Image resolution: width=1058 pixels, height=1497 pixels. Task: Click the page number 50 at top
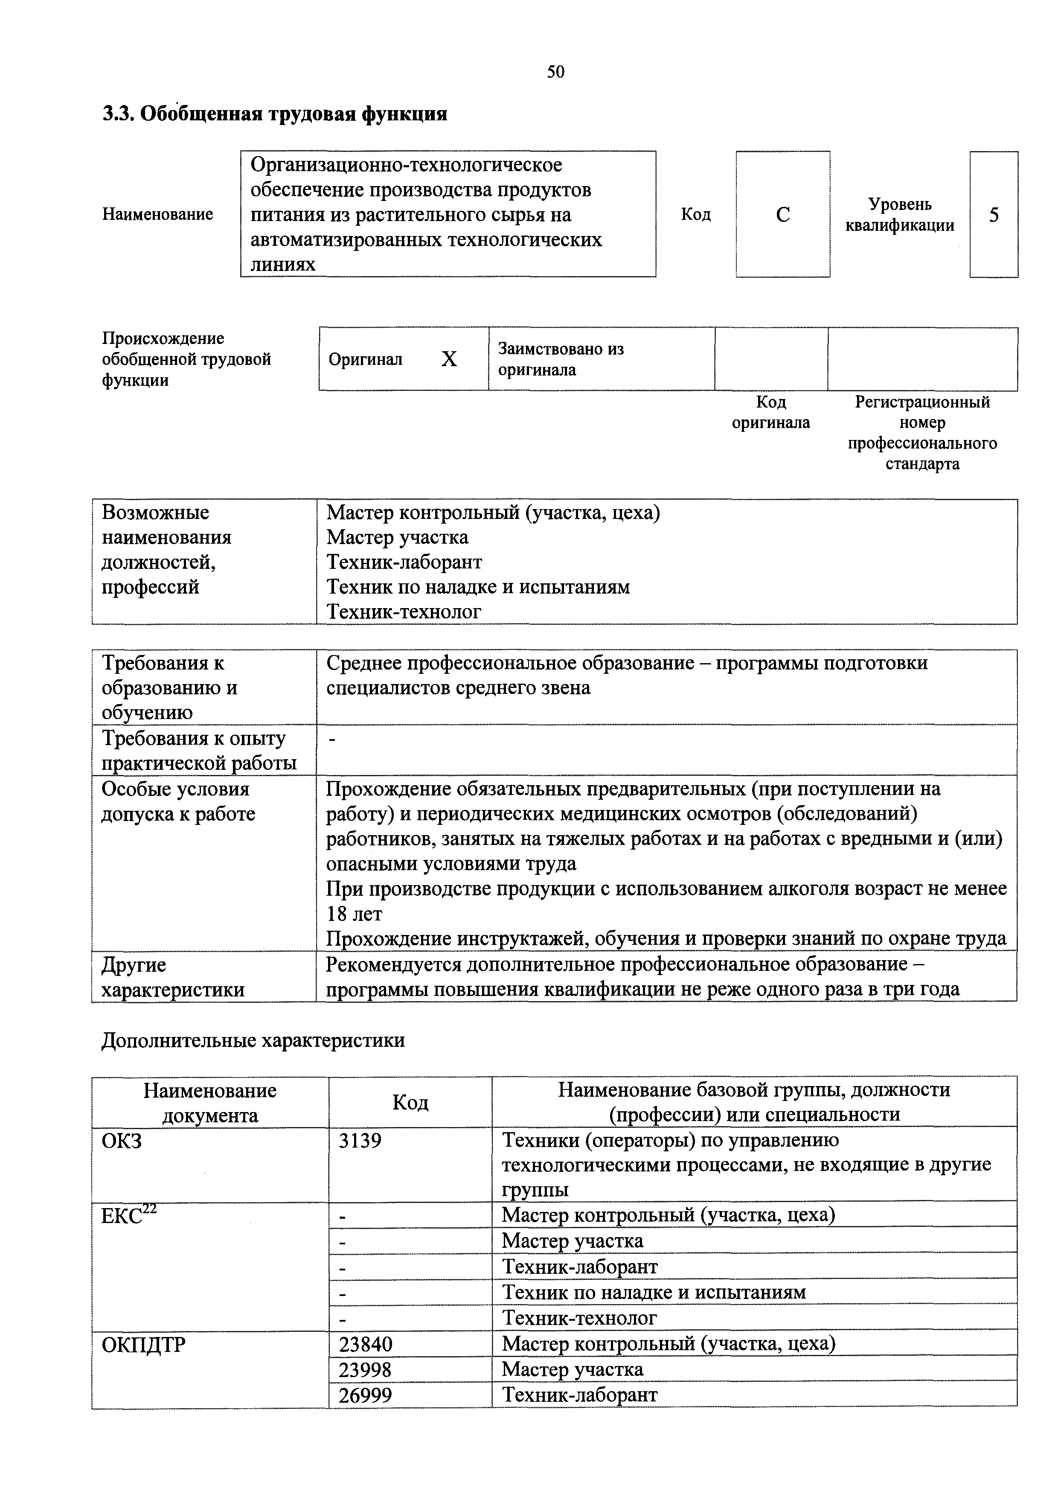pyautogui.click(x=555, y=72)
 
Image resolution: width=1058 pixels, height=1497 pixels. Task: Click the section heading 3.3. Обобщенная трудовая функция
pyautogui.click(x=275, y=114)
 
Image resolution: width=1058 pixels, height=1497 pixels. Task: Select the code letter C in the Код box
pyautogui.click(x=783, y=215)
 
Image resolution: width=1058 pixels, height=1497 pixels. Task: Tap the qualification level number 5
pyautogui.click(x=994, y=215)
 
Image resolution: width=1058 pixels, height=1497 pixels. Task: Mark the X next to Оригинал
pyautogui.click(x=449, y=359)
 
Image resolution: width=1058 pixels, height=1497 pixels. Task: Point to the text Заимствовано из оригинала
pyautogui.click(x=561, y=359)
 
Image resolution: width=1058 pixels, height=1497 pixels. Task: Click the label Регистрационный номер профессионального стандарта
pyautogui.click(x=922, y=433)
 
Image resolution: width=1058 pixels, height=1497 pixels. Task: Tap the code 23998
pyautogui.click(x=365, y=1369)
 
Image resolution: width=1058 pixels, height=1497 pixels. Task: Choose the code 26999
pyautogui.click(x=365, y=1395)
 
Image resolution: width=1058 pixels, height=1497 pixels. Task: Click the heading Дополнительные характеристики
pyautogui.click(x=253, y=1040)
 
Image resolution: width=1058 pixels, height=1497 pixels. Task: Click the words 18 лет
pyautogui.click(x=354, y=914)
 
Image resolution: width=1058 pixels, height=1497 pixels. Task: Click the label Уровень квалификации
pyautogui.click(x=900, y=215)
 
